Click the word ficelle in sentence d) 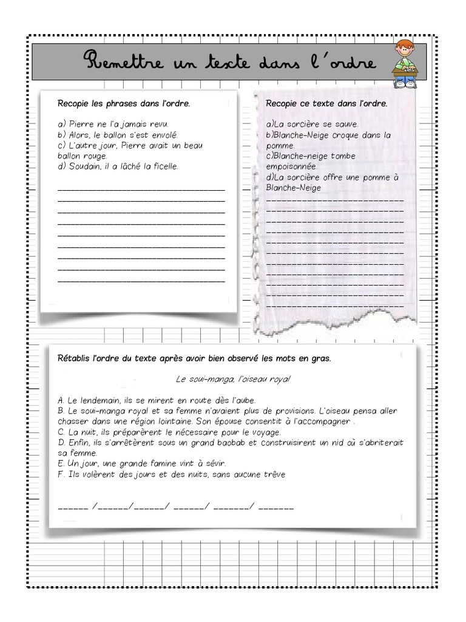point(164,166)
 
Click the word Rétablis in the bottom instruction point(73,358)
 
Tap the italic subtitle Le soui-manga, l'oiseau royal point(233,379)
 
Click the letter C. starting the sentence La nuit point(61,432)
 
